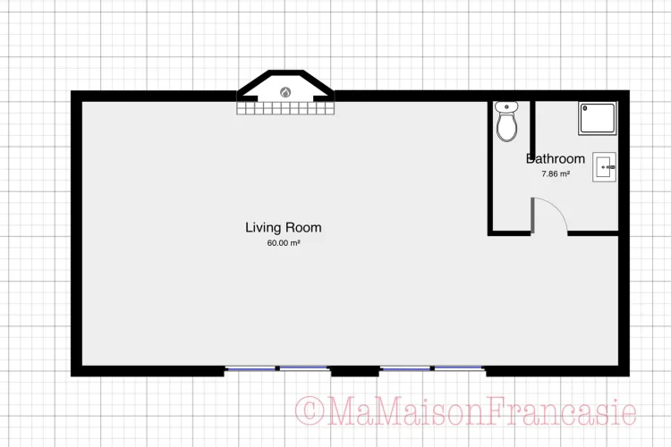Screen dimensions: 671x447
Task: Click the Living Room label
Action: (284, 228)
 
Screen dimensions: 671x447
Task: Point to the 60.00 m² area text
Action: (284, 243)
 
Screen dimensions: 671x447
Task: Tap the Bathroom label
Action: (556, 159)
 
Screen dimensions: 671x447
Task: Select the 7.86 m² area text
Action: (556, 173)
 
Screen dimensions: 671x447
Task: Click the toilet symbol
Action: (506, 122)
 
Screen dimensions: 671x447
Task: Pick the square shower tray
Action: (598, 119)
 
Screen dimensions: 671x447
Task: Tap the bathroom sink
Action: (604, 167)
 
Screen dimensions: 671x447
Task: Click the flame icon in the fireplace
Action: (285, 92)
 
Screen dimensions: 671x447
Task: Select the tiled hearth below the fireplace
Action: (285, 108)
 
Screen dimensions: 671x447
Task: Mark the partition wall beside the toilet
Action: (533, 125)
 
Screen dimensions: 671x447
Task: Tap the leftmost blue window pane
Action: (251, 368)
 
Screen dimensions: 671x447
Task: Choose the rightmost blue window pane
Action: (460, 368)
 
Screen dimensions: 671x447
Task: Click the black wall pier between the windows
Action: (355, 371)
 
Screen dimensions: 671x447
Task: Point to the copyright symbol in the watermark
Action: (309, 411)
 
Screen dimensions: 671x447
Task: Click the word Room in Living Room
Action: (303, 228)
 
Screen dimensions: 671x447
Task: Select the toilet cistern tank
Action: (506, 106)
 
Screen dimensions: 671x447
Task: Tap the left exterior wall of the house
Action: (76, 233)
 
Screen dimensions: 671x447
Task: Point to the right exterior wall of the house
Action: (624, 233)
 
